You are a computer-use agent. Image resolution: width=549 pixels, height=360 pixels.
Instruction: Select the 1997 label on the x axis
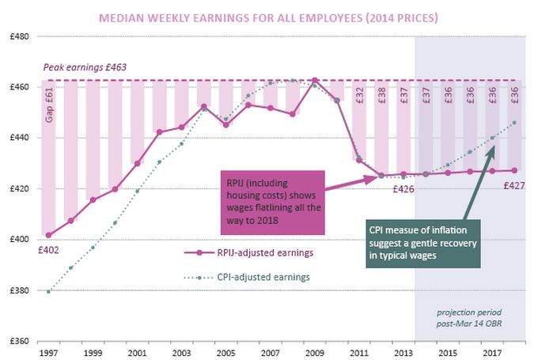(x=48, y=353)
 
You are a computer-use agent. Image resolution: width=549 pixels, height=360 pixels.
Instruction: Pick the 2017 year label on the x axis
(x=492, y=353)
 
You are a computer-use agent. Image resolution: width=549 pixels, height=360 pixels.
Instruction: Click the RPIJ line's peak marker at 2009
(x=315, y=80)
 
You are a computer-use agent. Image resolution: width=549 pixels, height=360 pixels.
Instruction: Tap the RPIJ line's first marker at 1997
(x=48, y=235)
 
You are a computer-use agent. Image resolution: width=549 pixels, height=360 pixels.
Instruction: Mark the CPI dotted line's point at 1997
(x=48, y=291)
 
